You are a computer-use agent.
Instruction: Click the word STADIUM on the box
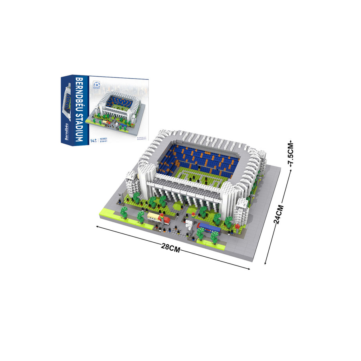click(79, 124)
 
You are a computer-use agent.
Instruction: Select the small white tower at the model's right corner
click(242, 209)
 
